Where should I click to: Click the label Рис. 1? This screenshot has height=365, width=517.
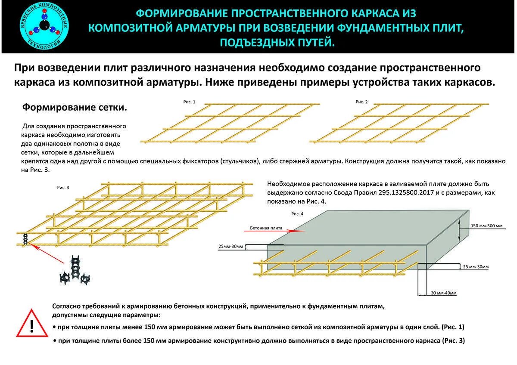[189, 102]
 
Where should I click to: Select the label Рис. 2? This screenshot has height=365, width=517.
[361, 102]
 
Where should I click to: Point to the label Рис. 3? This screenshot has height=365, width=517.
[63, 188]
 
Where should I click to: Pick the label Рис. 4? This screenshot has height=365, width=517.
[297, 213]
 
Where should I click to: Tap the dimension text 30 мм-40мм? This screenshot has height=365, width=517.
[443, 293]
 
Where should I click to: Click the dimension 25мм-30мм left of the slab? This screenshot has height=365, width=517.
[231, 247]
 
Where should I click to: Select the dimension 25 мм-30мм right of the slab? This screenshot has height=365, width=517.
[476, 267]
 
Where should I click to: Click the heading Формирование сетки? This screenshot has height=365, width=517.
[75, 107]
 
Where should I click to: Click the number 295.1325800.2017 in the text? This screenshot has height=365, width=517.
[412, 193]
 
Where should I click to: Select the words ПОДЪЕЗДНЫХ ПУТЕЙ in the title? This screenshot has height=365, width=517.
[277, 42]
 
